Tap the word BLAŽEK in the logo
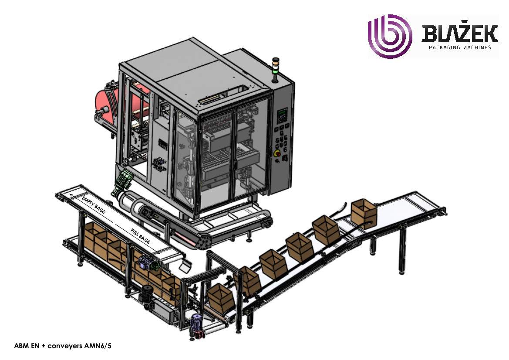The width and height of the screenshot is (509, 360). click(x=460, y=34)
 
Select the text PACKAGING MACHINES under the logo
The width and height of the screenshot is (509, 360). click(x=460, y=48)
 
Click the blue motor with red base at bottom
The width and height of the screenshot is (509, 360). click(x=196, y=327)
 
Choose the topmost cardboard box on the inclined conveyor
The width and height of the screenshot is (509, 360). click(x=364, y=213)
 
